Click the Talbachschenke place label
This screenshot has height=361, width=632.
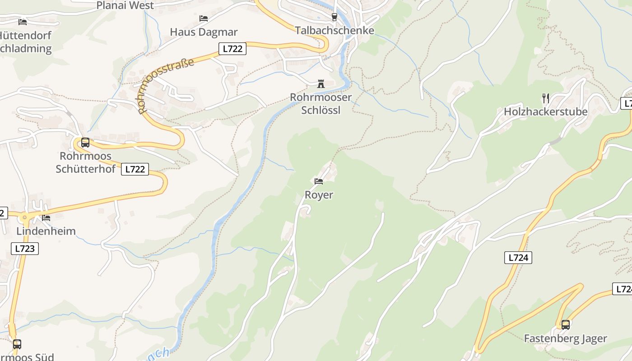click(335, 30)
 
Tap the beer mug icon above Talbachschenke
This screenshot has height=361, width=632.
click(334, 17)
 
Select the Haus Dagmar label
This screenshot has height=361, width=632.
click(204, 32)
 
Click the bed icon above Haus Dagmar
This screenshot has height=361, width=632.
click(204, 19)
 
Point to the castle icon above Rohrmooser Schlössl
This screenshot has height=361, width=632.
click(321, 84)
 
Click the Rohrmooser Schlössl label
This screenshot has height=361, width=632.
click(321, 103)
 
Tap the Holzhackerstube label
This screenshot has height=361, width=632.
click(546, 111)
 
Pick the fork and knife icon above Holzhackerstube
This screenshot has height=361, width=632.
click(546, 98)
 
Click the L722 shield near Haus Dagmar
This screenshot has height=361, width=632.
click(232, 49)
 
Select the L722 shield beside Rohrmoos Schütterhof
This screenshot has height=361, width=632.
click(135, 169)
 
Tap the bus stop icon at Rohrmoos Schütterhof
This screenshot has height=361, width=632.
click(85, 143)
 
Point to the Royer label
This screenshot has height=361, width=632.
click(319, 194)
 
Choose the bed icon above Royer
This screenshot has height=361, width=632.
click(319, 181)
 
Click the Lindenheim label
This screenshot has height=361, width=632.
click(46, 231)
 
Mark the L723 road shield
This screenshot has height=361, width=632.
click(25, 248)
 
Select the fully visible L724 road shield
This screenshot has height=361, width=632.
click(518, 258)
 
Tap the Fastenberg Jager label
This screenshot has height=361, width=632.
click(565, 338)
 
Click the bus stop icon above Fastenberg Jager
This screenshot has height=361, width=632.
click(565, 324)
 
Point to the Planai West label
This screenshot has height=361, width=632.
click(125, 5)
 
